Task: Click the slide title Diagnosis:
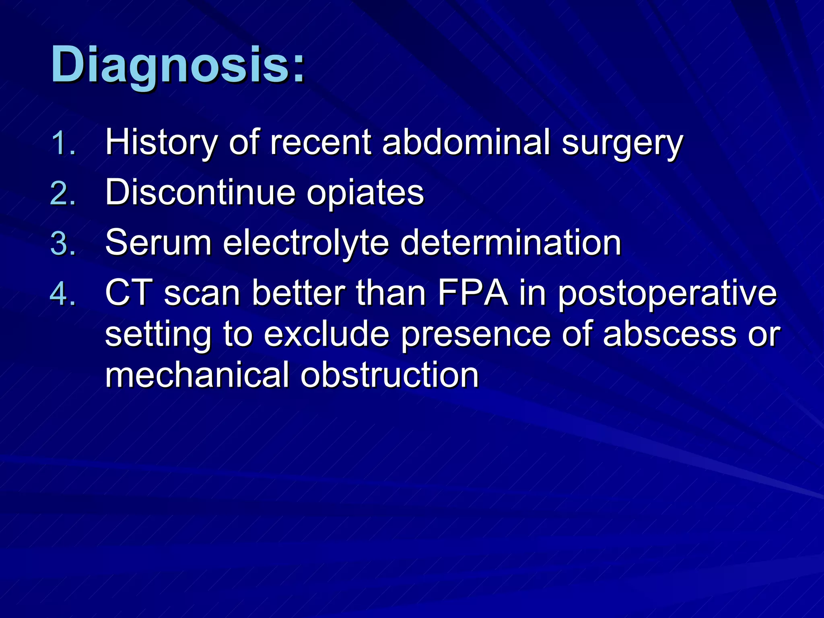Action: click(177, 65)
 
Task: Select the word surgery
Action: click(622, 144)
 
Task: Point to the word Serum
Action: click(158, 243)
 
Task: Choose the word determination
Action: click(511, 243)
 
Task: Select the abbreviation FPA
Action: click(472, 293)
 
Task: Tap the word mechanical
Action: click(197, 375)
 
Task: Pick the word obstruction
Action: click(389, 375)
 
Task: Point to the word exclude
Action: click(326, 334)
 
